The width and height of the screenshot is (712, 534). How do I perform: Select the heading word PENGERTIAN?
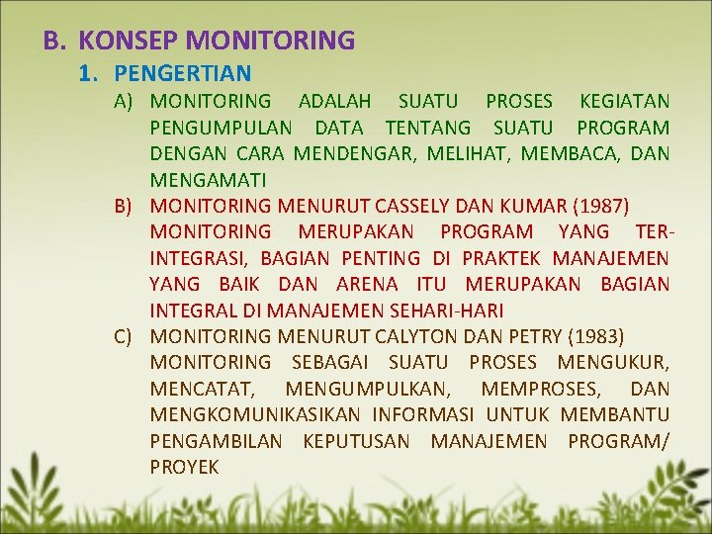[x=183, y=73]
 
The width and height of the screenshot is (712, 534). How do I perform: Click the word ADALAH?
[x=334, y=101]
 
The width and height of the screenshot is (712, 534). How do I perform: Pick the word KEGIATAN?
[x=624, y=101]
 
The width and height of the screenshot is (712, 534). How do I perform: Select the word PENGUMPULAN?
[x=221, y=128]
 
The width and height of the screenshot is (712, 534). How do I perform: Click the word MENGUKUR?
[x=613, y=363]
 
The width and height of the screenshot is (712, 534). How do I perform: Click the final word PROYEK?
[x=185, y=467]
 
